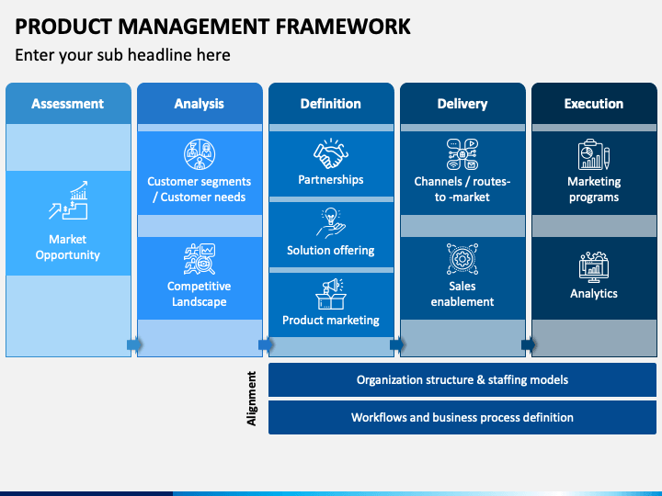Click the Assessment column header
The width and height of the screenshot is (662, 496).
coord(68,103)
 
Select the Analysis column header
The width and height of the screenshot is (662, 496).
coord(200,103)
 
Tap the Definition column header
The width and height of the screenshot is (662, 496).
coord(331,103)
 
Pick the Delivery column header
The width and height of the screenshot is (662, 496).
coord(462,103)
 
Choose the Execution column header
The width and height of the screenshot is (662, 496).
coord(594,103)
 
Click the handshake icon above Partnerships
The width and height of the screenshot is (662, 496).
coord(331,153)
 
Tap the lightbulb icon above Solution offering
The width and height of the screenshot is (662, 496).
coord(331,223)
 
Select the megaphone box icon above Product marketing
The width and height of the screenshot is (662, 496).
coord(331,294)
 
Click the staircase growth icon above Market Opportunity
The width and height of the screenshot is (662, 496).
coord(68,200)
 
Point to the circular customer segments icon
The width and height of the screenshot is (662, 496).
coord(200,154)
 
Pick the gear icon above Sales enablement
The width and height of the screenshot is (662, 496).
coord(462,259)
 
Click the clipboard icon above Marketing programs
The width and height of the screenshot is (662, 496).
coord(594,154)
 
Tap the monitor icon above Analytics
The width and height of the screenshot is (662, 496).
coord(594,267)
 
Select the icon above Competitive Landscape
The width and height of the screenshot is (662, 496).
coord(200,259)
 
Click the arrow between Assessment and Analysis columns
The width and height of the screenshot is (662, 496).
coord(134,345)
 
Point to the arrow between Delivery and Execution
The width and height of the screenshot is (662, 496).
coord(529,345)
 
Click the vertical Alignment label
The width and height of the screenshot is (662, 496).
coord(251,399)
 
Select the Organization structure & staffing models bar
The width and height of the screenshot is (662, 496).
coord(462,380)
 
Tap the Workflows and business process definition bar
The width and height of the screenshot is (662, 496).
coord(462,418)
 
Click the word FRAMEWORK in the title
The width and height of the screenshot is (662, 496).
coord(343,27)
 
